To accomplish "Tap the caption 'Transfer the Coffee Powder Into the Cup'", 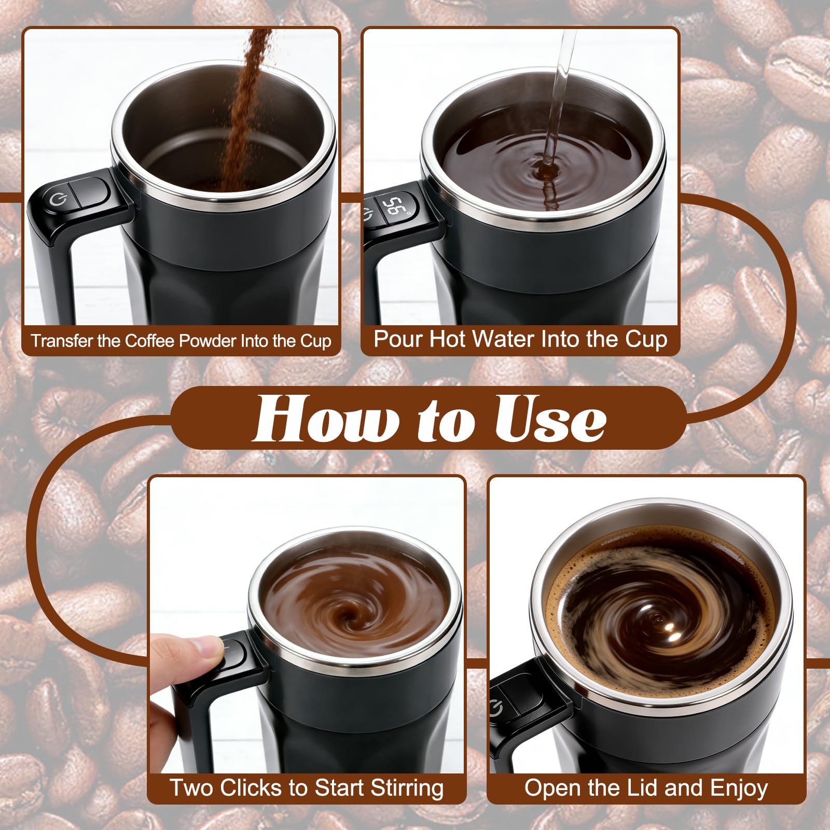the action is pyautogui.click(x=181, y=341).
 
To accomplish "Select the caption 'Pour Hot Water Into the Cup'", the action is pyautogui.click(x=520, y=339).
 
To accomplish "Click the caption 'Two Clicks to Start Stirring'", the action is pyautogui.click(x=307, y=787).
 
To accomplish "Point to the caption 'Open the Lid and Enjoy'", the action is pyautogui.click(x=646, y=787).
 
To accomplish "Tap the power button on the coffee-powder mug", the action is pyautogui.click(x=56, y=200).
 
